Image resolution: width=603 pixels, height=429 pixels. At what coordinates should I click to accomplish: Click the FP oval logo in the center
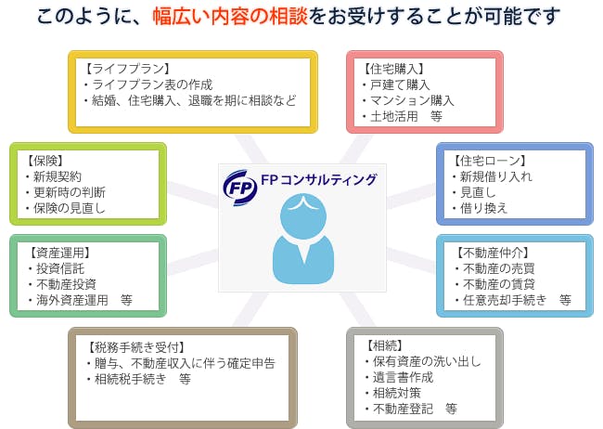tap(240, 188)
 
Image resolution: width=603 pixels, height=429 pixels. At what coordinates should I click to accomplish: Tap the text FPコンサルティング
tap(319, 180)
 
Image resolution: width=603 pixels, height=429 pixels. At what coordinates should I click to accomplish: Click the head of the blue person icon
tap(303, 216)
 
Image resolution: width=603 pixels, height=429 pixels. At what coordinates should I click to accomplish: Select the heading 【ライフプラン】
tap(126, 69)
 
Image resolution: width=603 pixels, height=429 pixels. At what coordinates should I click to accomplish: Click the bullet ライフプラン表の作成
tap(148, 84)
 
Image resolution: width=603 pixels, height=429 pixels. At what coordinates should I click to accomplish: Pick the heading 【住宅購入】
tap(393, 69)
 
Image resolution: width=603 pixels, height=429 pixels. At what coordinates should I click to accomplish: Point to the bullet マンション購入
tap(408, 100)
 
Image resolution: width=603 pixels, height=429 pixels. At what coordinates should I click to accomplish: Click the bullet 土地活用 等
tap(403, 116)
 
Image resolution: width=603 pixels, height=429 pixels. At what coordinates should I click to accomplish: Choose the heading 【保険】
tap(45, 161)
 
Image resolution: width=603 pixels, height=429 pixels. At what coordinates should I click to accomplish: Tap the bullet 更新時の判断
tap(65, 192)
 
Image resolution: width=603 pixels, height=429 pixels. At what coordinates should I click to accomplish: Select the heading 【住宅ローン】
tap(489, 161)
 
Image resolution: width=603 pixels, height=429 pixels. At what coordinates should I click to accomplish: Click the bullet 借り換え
tap(480, 208)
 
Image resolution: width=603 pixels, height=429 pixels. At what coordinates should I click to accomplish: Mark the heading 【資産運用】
tap(59, 253)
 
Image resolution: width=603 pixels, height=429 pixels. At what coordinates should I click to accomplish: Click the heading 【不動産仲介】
tap(493, 253)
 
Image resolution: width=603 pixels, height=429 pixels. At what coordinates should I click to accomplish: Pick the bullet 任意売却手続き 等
tap(513, 300)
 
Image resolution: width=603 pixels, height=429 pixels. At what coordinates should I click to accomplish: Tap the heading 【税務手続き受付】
tap(135, 347)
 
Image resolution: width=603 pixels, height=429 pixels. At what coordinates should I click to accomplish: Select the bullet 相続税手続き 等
tap(139, 380)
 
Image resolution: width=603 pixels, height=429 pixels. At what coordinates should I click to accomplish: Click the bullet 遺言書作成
tap(399, 377)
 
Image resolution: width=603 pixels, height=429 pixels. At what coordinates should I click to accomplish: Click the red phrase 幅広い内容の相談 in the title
tap(230, 17)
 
